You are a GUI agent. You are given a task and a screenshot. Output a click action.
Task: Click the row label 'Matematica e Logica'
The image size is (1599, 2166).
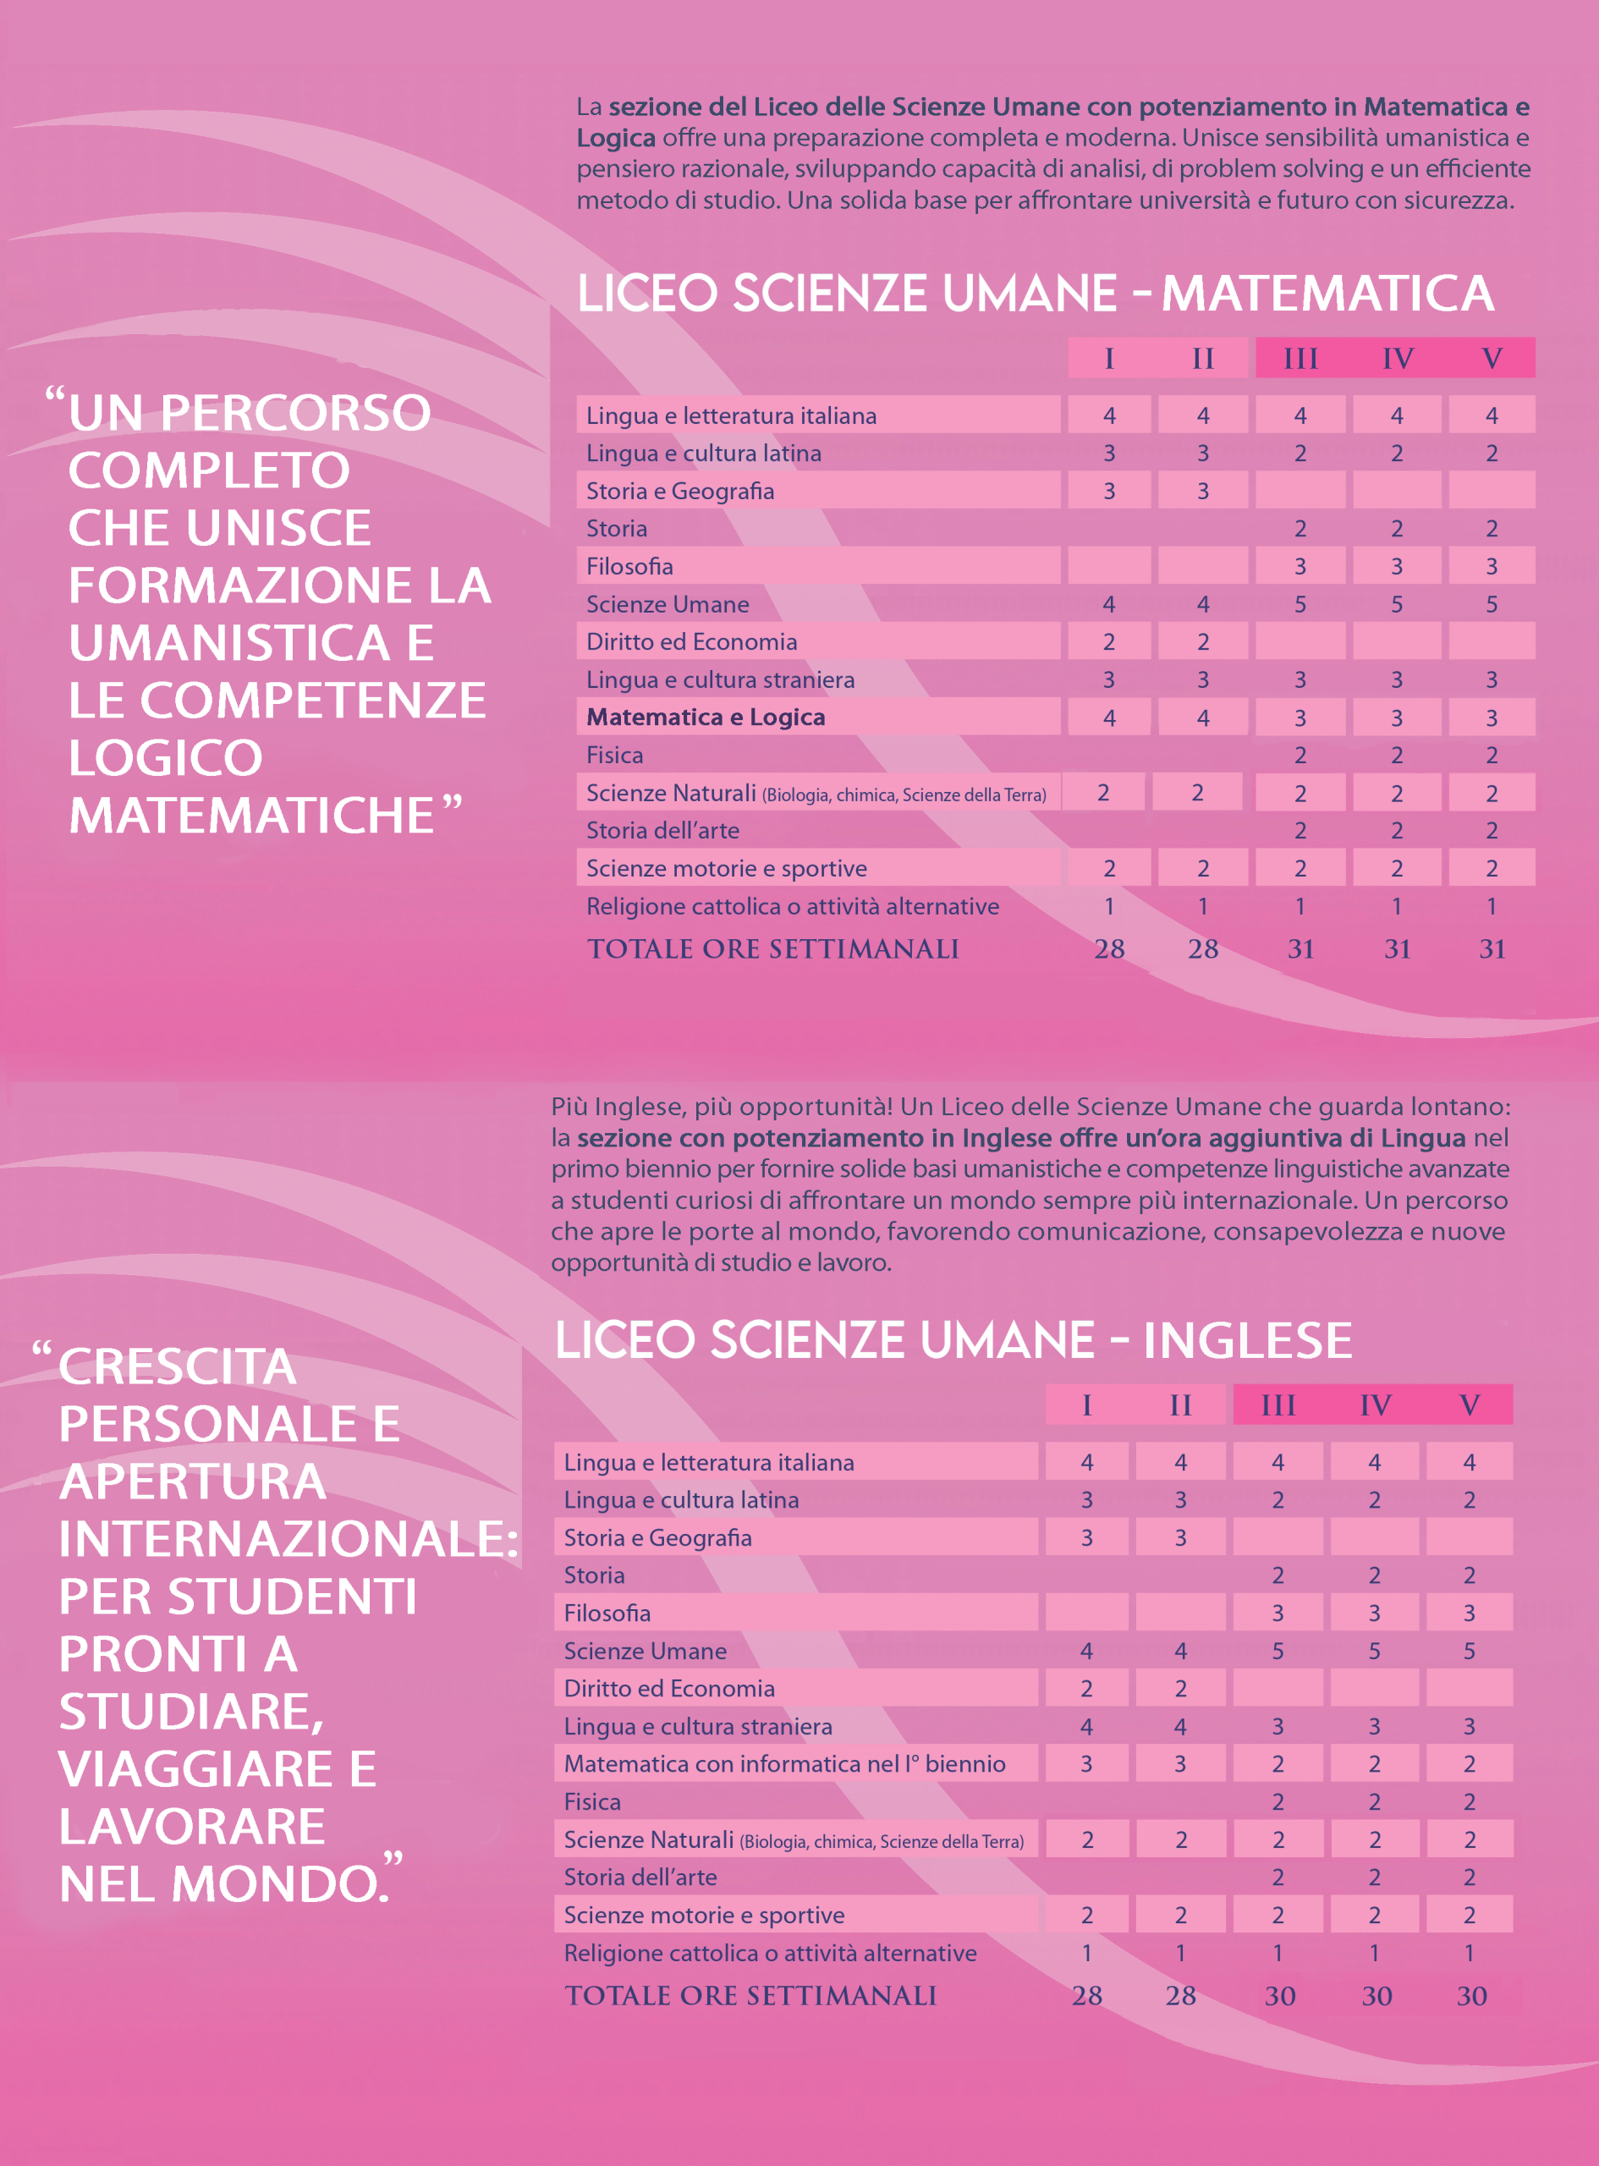click(706, 717)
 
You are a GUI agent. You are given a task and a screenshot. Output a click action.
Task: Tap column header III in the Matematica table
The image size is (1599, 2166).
click(1300, 358)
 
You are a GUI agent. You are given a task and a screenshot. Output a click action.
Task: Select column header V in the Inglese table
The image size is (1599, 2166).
click(1470, 1405)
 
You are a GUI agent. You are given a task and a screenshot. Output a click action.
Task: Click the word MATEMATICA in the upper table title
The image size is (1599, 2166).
click(1327, 294)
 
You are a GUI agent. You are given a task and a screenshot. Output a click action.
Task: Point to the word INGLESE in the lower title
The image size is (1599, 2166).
click(1248, 1340)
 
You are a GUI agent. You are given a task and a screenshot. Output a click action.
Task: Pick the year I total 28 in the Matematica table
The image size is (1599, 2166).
click(1109, 948)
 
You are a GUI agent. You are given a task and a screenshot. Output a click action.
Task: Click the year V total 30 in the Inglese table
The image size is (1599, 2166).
click(1471, 1996)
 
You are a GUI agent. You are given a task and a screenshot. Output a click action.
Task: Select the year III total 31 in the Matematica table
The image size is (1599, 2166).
click(1300, 948)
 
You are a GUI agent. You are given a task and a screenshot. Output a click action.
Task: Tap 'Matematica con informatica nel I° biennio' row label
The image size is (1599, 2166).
click(784, 1764)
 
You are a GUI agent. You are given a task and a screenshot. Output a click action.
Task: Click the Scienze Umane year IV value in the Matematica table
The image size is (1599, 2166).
click(1397, 604)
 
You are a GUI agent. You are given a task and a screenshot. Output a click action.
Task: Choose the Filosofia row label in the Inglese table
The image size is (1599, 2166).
click(607, 1614)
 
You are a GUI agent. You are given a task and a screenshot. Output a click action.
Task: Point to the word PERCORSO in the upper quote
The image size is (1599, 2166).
click(296, 413)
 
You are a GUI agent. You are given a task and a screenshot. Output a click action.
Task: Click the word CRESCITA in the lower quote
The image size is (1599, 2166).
click(177, 1366)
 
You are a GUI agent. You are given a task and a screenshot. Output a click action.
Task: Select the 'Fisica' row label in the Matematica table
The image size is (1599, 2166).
click(614, 755)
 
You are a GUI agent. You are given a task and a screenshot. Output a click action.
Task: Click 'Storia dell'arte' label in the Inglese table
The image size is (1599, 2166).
click(640, 1877)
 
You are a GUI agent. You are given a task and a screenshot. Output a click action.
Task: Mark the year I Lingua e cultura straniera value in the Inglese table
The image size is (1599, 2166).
click(1086, 1727)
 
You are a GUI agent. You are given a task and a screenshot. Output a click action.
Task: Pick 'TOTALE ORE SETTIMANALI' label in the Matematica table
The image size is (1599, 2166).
click(772, 948)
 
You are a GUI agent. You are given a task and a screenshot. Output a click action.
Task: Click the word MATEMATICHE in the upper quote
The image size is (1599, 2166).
click(251, 815)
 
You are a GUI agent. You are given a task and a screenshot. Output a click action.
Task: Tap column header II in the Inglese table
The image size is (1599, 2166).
click(1180, 1405)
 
